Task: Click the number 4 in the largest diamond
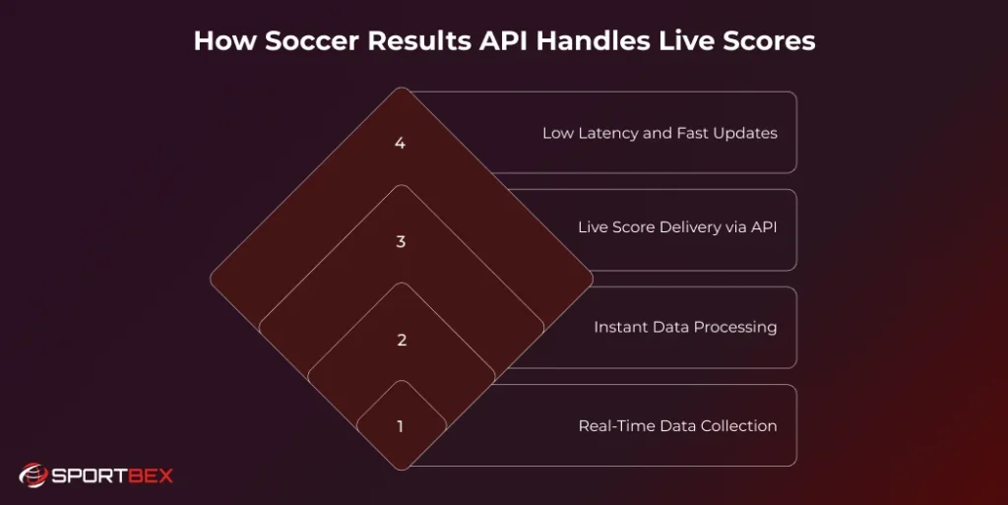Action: pyautogui.click(x=401, y=144)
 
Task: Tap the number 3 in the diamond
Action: pyautogui.click(x=401, y=242)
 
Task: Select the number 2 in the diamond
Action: pyautogui.click(x=401, y=341)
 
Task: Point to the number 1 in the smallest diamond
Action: pyautogui.click(x=401, y=426)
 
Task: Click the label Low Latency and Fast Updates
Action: pyautogui.click(x=660, y=133)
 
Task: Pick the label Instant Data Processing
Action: pyautogui.click(x=685, y=327)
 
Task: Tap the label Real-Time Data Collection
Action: pyautogui.click(x=677, y=426)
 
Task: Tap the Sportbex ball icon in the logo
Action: pyautogui.click(x=32, y=475)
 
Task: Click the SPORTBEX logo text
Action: pyautogui.click(x=110, y=476)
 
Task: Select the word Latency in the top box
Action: pyautogui.click(x=607, y=133)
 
